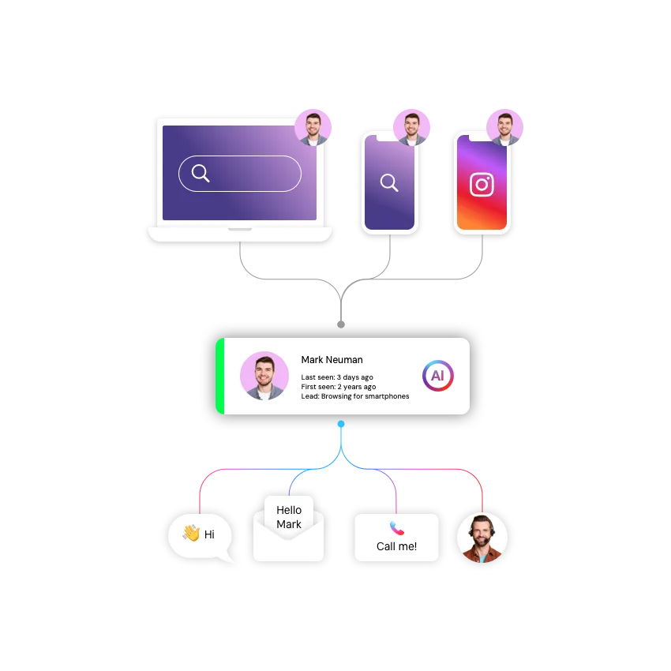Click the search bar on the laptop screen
pyautogui.click(x=240, y=174)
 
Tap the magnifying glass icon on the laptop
pyautogui.click(x=201, y=174)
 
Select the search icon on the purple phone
pyautogui.click(x=389, y=183)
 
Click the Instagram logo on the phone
pyautogui.click(x=482, y=185)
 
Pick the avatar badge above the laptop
pyautogui.click(x=313, y=127)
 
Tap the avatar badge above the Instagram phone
pyautogui.click(x=505, y=126)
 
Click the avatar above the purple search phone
pyautogui.click(x=411, y=126)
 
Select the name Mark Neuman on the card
pyautogui.click(x=332, y=360)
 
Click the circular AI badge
pyautogui.click(x=437, y=376)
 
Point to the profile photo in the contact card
pyautogui.click(x=264, y=376)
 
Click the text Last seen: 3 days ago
pyautogui.click(x=337, y=377)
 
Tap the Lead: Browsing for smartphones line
pyautogui.click(x=355, y=396)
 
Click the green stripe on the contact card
pyautogui.click(x=220, y=376)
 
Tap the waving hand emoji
pyautogui.click(x=191, y=534)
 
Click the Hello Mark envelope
pyautogui.click(x=289, y=529)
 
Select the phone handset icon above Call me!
pyautogui.click(x=396, y=528)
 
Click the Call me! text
pyautogui.click(x=396, y=546)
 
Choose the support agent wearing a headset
pyautogui.click(x=482, y=538)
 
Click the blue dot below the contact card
pyautogui.click(x=341, y=424)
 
